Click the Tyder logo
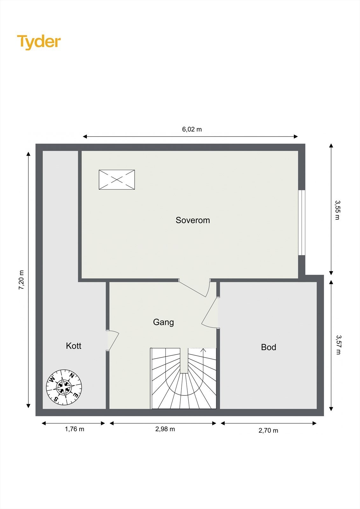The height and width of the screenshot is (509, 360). (x=39, y=42)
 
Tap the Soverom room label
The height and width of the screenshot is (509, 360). (x=193, y=220)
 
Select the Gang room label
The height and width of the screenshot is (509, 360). (x=163, y=322)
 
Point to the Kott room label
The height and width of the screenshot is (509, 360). (x=74, y=346)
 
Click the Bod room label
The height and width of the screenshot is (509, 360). (x=268, y=347)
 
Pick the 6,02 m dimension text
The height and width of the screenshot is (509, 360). (x=192, y=129)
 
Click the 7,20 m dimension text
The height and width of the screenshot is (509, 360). (x=21, y=280)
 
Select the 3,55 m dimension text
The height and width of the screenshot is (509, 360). (x=337, y=210)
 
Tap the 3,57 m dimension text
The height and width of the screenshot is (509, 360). (x=338, y=345)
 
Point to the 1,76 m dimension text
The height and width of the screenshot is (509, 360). (x=74, y=429)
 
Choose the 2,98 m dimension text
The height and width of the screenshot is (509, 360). (x=165, y=429)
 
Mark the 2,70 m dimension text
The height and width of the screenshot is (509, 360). (x=268, y=430)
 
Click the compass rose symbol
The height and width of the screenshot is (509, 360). (x=64, y=387)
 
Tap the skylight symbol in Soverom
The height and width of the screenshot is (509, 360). (x=117, y=180)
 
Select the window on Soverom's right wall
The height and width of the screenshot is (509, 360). (x=301, y=223)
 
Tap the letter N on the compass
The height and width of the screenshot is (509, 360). (x=72, y=375)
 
